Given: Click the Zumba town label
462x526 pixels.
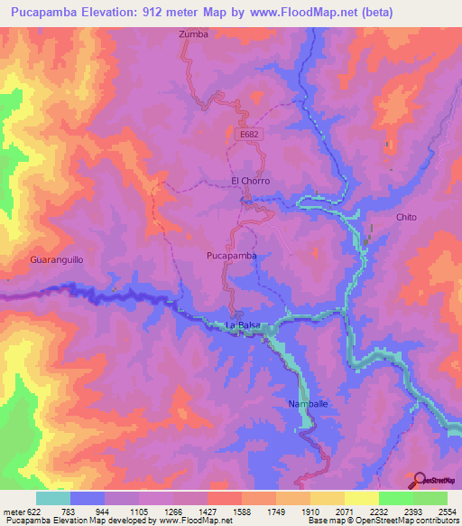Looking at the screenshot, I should pyautogui.click(x=193, y=34).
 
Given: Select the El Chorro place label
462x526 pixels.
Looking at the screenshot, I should pyautogui.click(x=250, y=181).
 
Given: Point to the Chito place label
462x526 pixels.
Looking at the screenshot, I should pyautogui.click(x=406, y=218).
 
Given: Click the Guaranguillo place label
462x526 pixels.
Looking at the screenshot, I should pyautogui.click(x=56, y=259).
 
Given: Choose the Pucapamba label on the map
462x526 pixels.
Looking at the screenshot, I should pyautogui.click(x=232, y=256).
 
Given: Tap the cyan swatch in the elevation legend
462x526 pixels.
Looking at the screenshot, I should pyautogui.click(x=53, y=498).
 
